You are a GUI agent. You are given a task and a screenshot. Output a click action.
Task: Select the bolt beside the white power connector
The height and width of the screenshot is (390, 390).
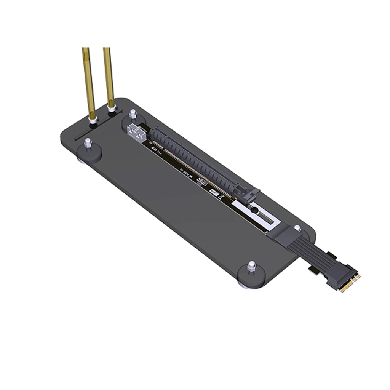pyautogui.click(x=133, y=114)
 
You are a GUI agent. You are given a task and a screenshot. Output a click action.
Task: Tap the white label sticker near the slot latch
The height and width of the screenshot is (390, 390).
pyautogui.click(x=216, y=193)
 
